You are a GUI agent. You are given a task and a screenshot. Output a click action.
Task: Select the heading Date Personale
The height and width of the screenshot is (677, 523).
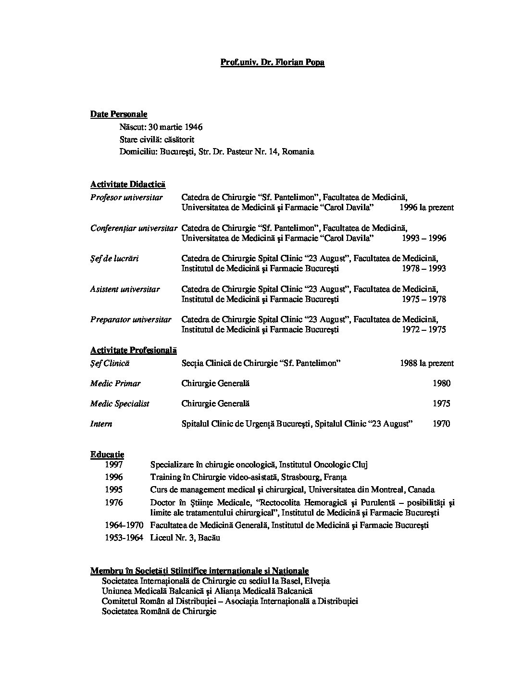119,114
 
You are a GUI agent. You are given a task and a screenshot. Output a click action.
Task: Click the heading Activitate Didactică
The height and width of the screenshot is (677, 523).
127,184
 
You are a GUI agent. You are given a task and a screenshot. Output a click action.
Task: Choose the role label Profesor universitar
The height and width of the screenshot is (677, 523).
126,197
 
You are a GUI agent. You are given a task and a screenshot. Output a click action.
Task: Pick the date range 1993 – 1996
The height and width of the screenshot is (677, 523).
424,238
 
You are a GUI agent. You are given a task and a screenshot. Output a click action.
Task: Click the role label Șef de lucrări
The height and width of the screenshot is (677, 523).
114,258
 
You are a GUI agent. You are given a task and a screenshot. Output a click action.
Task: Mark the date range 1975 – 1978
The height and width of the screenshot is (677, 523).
424,299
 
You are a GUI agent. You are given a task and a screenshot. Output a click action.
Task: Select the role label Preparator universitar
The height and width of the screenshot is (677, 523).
131,319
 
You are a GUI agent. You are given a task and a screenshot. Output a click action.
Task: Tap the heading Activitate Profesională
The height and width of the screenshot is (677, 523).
134,351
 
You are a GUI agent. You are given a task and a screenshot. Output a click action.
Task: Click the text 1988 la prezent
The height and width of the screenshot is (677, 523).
426,364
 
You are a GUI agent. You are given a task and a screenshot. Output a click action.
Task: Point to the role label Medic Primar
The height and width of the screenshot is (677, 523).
115,383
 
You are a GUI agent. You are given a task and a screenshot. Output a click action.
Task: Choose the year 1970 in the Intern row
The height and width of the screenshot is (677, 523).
441,424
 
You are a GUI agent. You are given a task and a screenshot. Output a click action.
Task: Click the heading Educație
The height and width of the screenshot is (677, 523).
107,454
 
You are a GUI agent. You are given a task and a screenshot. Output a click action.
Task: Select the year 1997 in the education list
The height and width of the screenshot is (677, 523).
114,464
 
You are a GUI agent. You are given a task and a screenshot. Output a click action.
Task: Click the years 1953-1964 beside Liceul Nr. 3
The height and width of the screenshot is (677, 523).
124,538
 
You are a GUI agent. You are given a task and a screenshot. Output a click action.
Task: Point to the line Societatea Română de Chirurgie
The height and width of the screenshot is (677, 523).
159,612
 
